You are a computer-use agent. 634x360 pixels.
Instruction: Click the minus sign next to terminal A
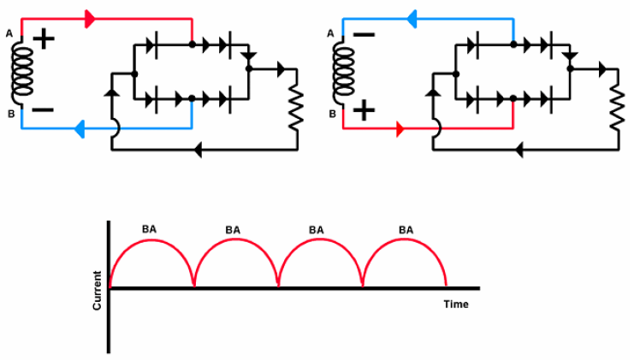click(364, 36)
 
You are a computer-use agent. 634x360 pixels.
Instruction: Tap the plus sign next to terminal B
click(365, 109)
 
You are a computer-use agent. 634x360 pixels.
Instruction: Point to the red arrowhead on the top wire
click(90, 17)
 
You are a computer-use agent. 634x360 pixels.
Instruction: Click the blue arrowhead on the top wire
click(412, 16)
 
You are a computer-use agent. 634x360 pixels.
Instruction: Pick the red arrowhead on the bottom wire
click(400, 130)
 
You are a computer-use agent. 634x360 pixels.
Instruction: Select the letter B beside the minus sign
click(9, 113)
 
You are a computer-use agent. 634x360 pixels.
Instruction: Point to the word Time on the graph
click(455, 304)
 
